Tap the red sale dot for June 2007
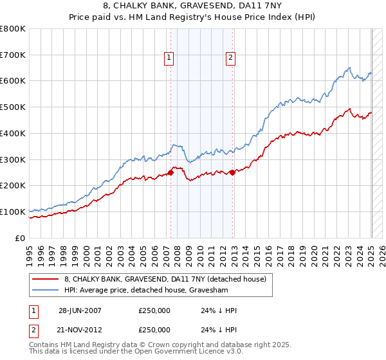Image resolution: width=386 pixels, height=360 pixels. (x=171, y=172)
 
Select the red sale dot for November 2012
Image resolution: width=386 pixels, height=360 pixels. (x=232, y=172)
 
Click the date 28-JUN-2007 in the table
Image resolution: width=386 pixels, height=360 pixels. (x=80, y=310)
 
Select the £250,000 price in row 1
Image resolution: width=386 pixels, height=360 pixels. (x=154, y=310)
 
